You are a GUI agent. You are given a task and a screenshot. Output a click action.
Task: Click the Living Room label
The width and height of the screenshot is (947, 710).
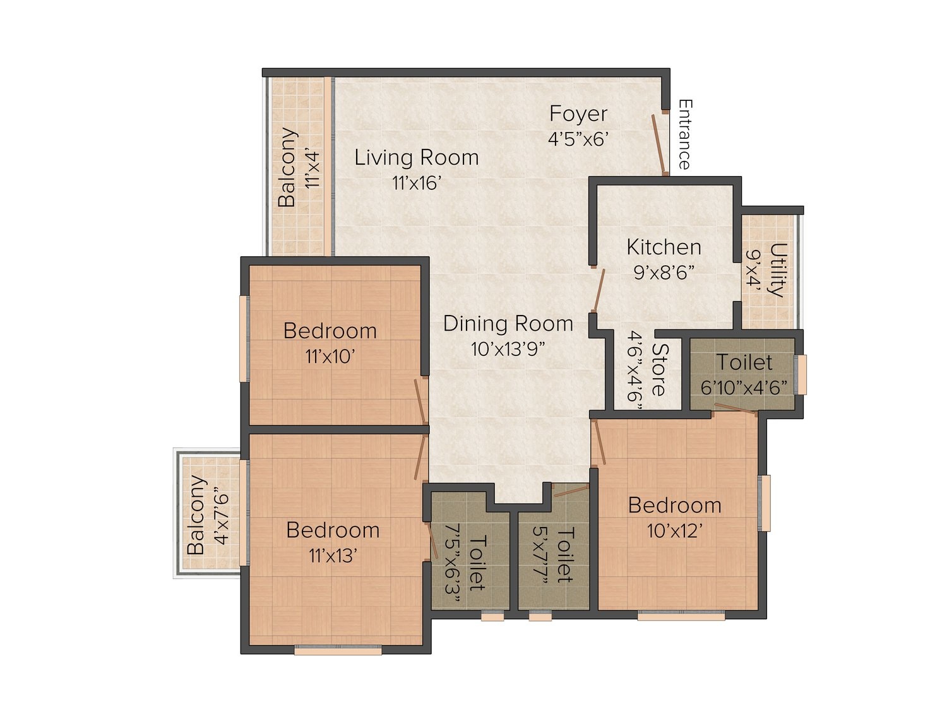[416, 158]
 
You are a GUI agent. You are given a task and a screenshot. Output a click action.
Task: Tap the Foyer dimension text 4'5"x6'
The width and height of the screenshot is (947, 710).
[578, 139]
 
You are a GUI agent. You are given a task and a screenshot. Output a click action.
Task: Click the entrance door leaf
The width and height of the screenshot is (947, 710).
[660, 144]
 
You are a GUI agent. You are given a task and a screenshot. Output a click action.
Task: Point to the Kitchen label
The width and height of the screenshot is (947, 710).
[664, 247]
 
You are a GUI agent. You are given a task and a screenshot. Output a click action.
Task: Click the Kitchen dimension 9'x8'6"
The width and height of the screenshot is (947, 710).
[664, 273]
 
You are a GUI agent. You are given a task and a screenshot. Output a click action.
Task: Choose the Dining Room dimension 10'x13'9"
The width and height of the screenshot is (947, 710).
[508, 349]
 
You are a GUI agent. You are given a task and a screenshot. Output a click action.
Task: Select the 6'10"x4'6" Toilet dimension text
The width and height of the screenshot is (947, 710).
[744, 388]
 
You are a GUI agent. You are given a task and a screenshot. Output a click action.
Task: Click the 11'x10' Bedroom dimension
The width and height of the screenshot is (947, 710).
[330, 357]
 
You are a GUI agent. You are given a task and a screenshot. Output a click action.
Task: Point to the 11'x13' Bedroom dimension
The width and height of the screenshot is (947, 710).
[332, 556]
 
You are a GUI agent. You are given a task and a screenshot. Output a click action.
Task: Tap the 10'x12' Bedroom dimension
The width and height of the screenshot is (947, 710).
[673, 531]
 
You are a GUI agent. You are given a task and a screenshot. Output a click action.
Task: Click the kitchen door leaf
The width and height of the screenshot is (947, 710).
[599, 290]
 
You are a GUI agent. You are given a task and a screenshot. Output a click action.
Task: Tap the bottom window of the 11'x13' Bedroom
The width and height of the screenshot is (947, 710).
[338, 650]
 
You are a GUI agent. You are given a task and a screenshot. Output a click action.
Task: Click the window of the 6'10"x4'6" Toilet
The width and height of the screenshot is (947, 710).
[801, 375]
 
